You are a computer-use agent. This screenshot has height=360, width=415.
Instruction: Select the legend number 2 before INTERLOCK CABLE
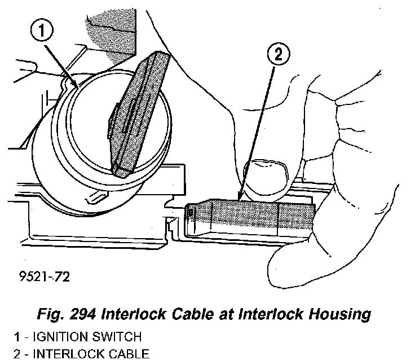[18, 354]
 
